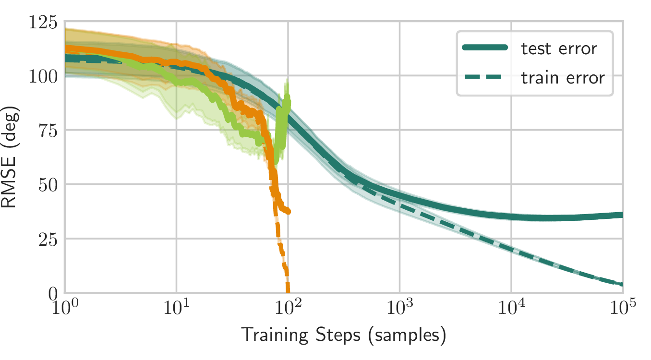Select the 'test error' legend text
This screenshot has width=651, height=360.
click(559, 48)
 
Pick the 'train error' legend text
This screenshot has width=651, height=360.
click(563, 77)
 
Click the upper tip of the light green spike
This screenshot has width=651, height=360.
click(288, 80)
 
